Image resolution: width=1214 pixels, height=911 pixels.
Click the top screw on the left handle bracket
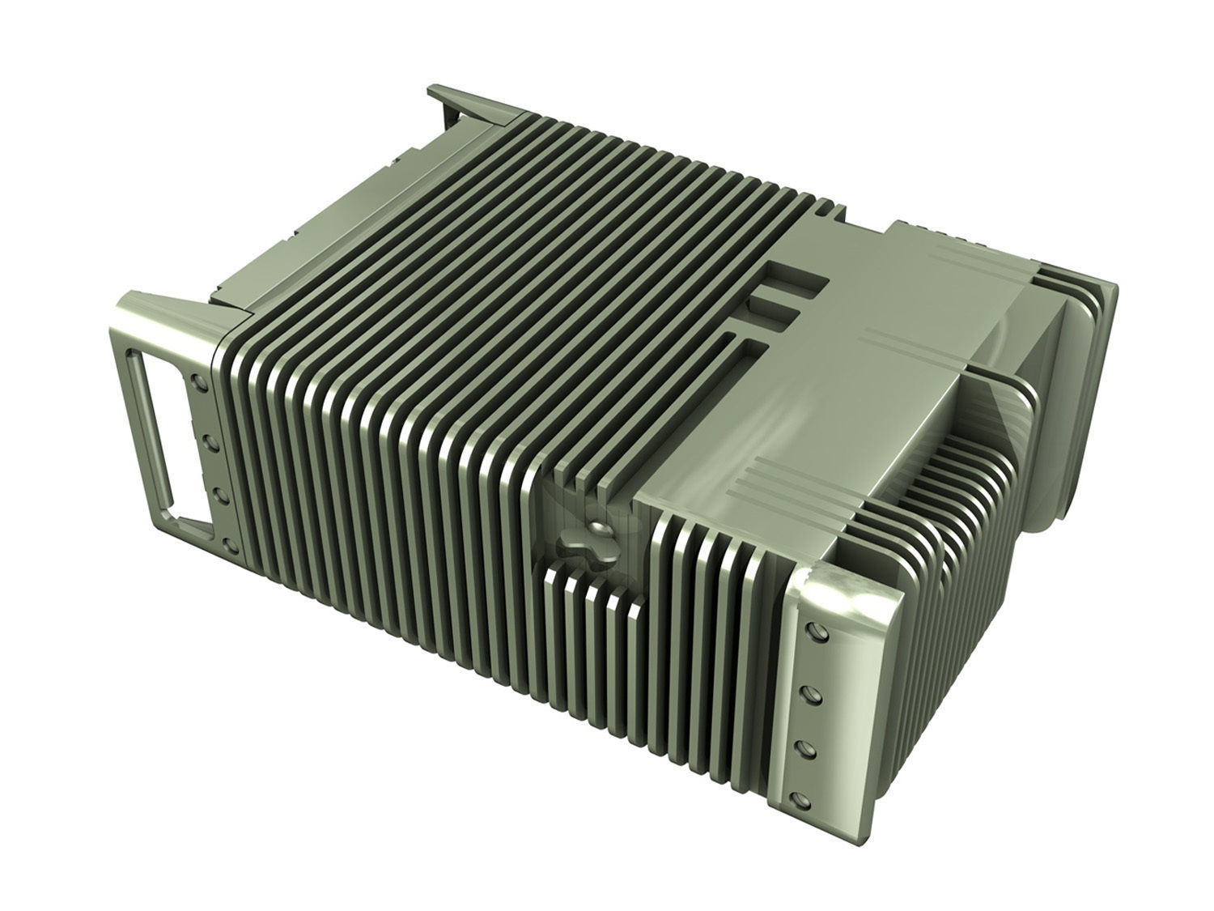point(195,378)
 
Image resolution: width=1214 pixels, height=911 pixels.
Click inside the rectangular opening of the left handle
point(159,437)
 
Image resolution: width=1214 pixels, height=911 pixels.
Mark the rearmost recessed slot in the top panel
point(797,279)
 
